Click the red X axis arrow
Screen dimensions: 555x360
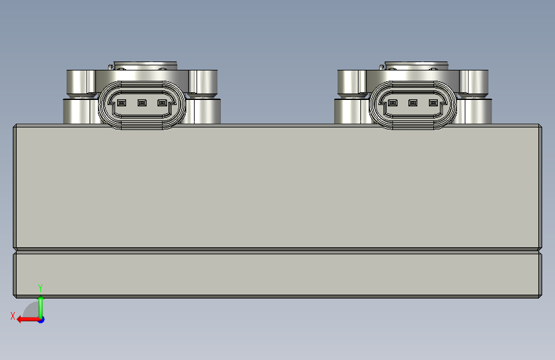[x=28, y=320]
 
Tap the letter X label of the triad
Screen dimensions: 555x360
[x=13, y=316]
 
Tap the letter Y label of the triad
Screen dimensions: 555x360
[x=40, y=288]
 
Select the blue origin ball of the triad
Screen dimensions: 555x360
[x=42, y=320]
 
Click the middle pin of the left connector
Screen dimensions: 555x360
[x=142, y=102]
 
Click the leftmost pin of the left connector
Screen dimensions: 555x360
[x=122, y=102]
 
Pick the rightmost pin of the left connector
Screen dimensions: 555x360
[x=162, y=102]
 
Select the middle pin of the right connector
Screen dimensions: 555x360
[x=413, y=102]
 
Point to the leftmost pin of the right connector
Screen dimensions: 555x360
[x=392, y=102]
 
